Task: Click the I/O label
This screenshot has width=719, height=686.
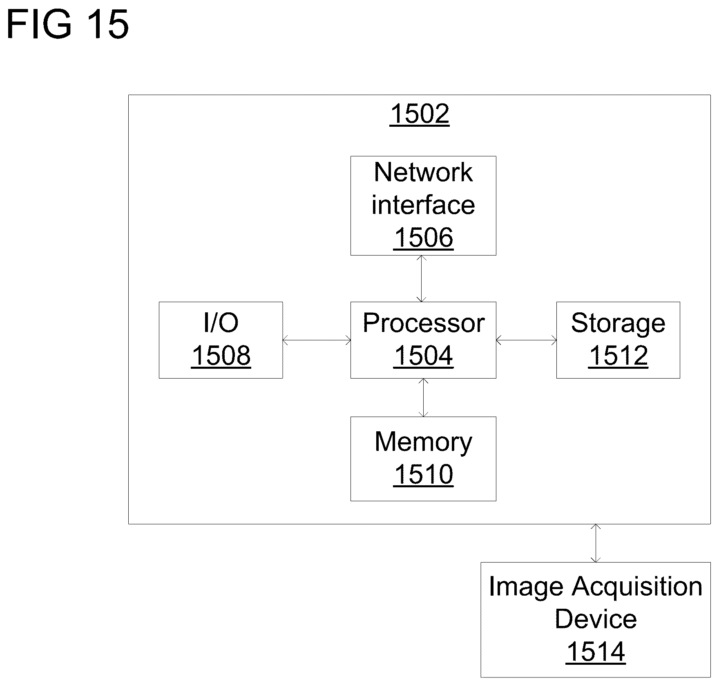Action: (x=221, y=323)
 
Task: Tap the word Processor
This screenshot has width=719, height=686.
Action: (x=423, y=323)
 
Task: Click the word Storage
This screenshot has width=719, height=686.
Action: (x=618, y=324)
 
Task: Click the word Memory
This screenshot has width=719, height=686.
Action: (x=423, y=442)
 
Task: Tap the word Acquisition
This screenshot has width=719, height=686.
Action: (x=637, y=587)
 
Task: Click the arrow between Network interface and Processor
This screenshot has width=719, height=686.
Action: (x=422, y=279)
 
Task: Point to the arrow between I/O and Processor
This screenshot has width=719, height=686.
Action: (x=317, y=340)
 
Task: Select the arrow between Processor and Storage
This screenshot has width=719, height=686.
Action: (x=526, y=340)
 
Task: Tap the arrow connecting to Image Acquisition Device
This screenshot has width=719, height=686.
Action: (x=596, y=543)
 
